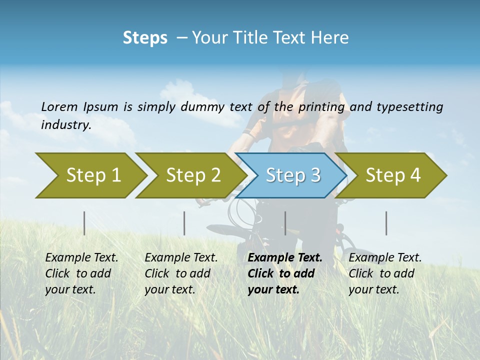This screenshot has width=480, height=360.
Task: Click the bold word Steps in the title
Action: (x=145, y=38)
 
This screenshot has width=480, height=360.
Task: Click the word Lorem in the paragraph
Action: (x=59, y=107)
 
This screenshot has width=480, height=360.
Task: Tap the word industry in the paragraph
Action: (x=66, y=124)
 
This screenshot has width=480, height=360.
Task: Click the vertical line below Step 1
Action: (x=84, y=223)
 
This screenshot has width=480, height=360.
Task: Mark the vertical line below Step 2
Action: (x=184, y=223)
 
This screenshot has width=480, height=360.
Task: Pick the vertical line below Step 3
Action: (x=285, y=223)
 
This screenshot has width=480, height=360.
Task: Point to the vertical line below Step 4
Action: (x=386, y=223)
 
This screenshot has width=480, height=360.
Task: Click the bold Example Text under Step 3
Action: (x=285, y=258)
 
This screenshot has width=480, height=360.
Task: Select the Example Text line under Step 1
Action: (x=81, y=258)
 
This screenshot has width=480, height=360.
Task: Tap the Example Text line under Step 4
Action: (x=385, y=258)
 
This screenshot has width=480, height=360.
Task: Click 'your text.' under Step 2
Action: (x=169, y=289)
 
